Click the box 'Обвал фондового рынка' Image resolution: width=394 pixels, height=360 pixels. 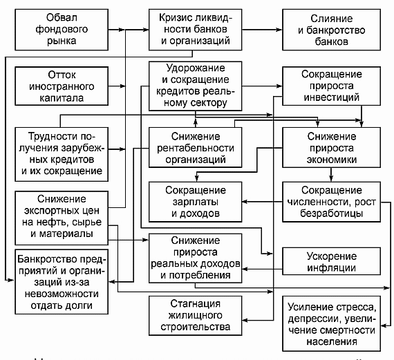tap(62, 30)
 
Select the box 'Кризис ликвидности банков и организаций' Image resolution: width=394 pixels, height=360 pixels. tap(195, 30)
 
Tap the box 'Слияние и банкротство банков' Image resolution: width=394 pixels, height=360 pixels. tap(331, 30)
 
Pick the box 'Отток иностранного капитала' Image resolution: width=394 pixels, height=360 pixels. tap(62, 86)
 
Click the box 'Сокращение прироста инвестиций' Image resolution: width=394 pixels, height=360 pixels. tap(331, 86)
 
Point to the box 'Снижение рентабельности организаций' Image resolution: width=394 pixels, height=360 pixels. tap(195, 147)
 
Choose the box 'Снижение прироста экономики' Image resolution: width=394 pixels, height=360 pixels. tap(331, 147)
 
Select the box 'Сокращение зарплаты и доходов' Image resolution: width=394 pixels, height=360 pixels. tap(195, 202)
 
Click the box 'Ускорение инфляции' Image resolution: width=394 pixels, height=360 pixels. tap(331, 261)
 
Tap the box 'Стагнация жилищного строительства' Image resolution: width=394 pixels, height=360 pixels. tap(195, 316)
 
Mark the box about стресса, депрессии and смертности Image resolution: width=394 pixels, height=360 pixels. tap(331, 323)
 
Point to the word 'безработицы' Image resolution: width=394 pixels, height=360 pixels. tap(331, 214)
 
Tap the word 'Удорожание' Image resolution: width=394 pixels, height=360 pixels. tap(195, 68)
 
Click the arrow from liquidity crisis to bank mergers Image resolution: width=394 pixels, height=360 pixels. tap(262, 30)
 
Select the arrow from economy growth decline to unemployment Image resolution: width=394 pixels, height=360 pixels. tap(331, 175)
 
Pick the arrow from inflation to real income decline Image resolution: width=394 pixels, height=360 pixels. tap(262, 269)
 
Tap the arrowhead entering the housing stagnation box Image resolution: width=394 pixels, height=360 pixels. tap(245, 321)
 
